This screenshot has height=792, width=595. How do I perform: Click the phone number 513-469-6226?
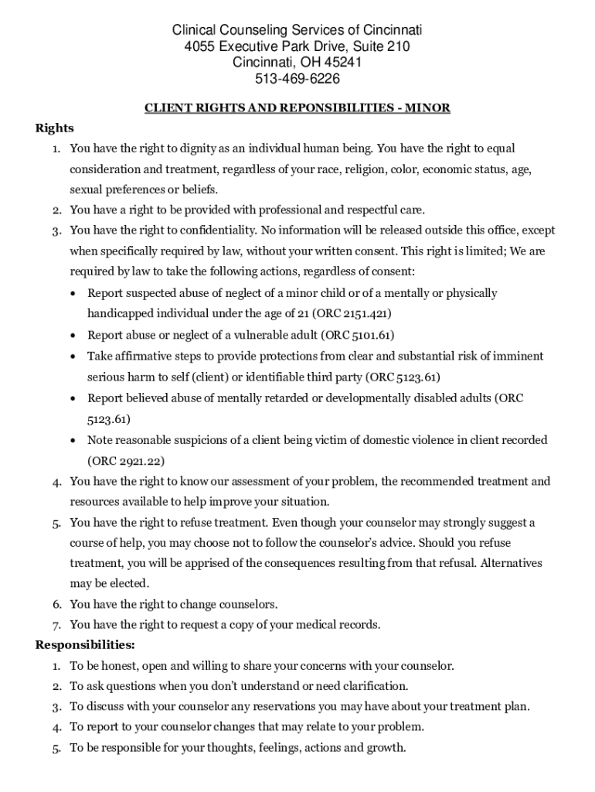pyautogui.click(x=297, y=79)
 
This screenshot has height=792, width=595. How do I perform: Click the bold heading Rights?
pyautogui.click(x=54, y=128)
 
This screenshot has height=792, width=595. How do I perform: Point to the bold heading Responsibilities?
pyautogui.click(x=85, y=644)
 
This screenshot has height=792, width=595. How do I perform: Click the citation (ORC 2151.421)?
pyautogui.click(x=352, y=314)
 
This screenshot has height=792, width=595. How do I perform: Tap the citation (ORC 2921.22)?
pyautogui.click(x=126, y=461)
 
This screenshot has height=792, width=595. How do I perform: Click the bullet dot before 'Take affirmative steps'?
pyautogui.click(x=72, y=357)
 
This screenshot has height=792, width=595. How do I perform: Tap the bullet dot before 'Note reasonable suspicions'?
pyautogui.click(x=72, y=440)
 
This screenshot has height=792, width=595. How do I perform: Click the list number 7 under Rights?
pyautogui.click(x=56, y=625)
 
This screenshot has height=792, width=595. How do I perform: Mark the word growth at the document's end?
pyautogui.click(x=386, y=748)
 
